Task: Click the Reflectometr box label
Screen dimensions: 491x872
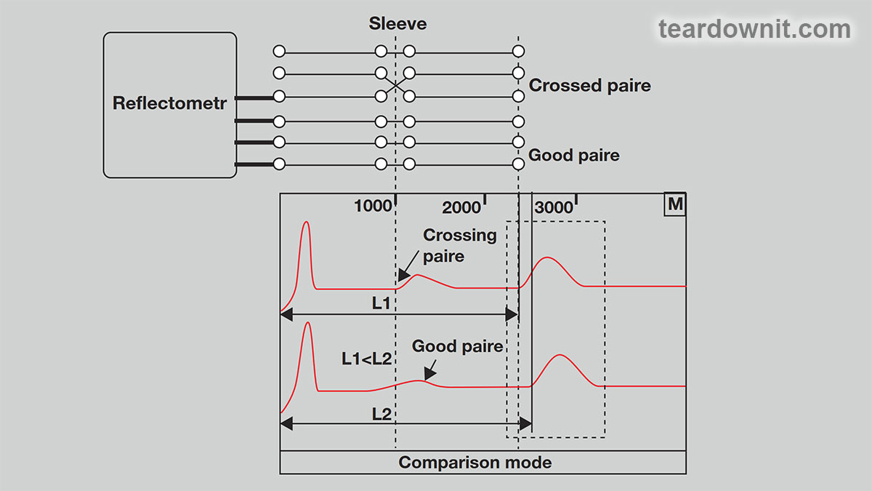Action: [169, 103]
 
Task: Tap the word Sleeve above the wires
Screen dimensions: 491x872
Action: [397, 24]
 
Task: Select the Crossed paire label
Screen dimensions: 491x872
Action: [589, 86]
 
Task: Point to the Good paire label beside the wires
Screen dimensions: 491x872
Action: [573, 155]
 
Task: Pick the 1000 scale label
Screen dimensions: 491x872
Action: [373, 207]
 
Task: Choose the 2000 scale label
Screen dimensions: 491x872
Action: [461, 208]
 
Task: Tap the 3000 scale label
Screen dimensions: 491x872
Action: [554, 208]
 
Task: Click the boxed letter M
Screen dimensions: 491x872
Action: [675, 204]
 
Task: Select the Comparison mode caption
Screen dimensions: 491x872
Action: [475, 463]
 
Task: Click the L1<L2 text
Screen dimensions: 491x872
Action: [367, 359]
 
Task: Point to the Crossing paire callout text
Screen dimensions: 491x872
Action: [459, 245]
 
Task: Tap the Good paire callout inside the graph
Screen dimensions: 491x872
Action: [458, 347]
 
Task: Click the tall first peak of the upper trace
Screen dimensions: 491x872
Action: [306, 224]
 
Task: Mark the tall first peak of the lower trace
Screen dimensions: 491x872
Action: [308, 324]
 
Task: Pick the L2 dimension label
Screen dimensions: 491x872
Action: [381, 413]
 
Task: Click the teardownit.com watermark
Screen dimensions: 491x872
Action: [754, 29]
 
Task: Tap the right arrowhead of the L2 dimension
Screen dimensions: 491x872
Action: [526, 423]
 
